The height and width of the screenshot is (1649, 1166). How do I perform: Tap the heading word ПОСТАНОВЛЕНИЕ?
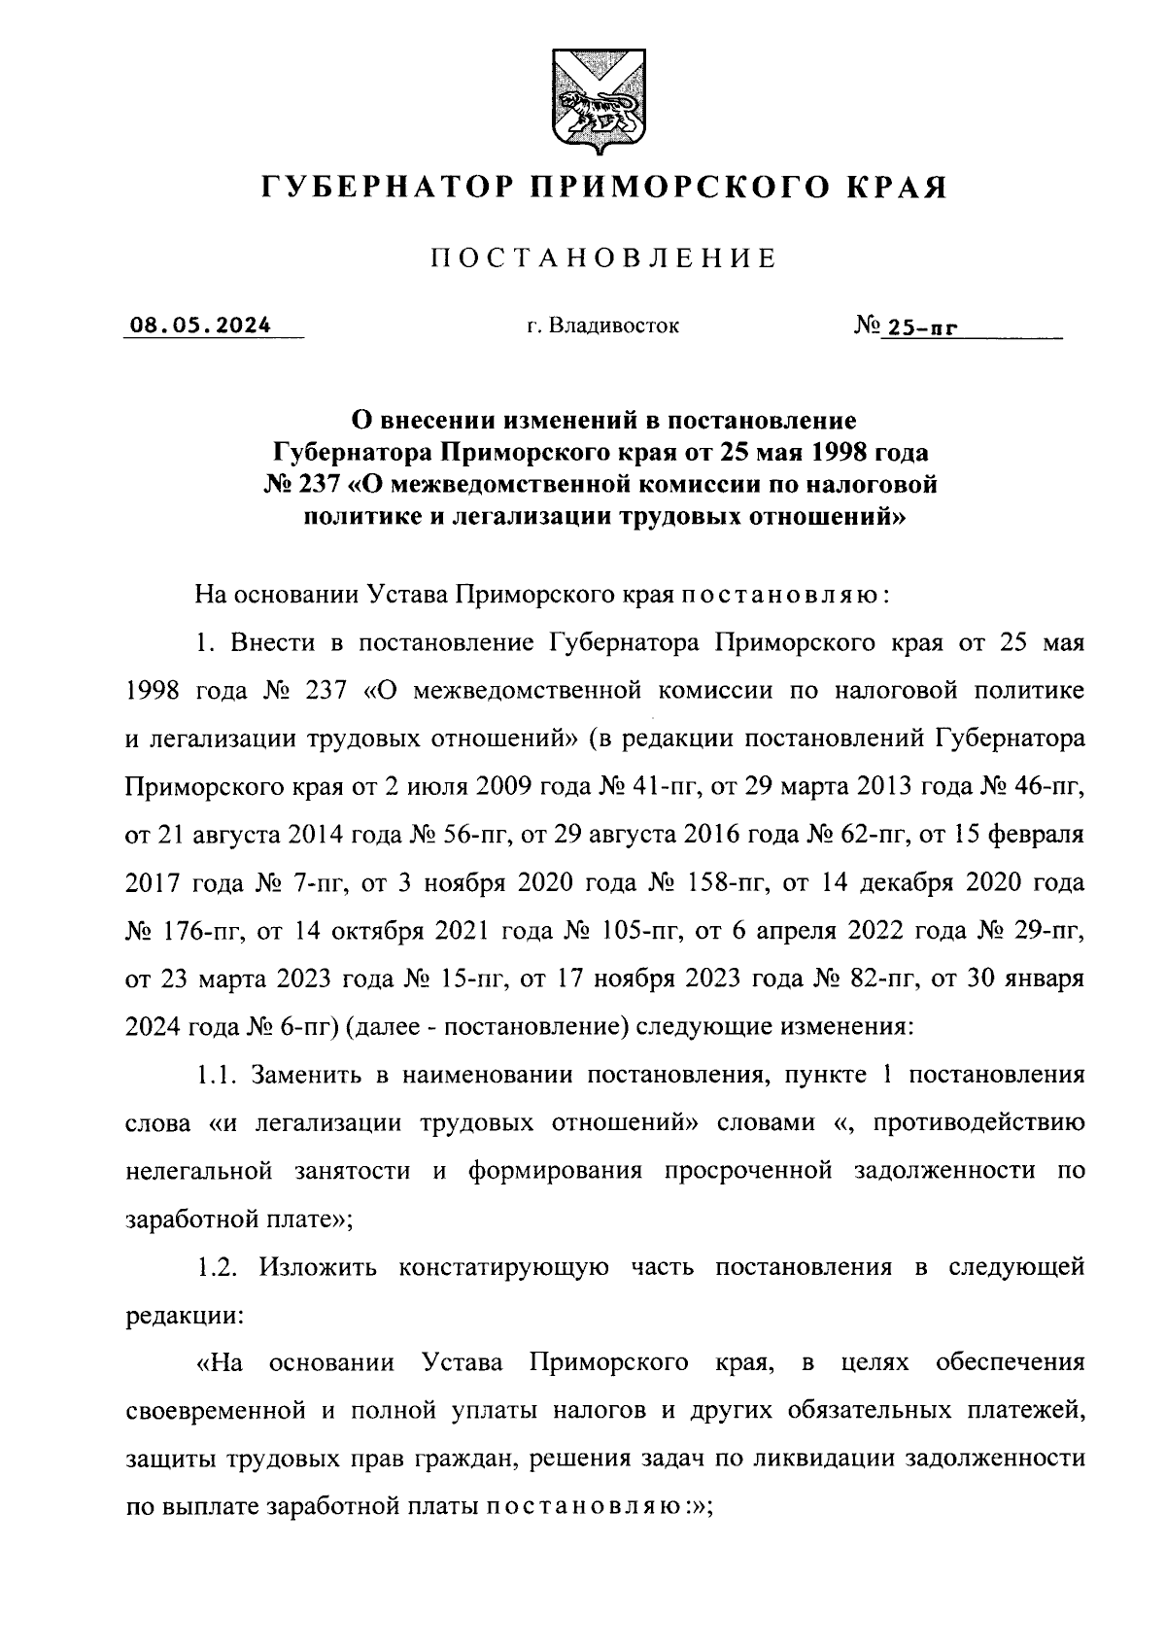(x=603, y=258)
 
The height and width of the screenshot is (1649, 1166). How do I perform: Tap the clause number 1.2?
(x=218, y=1268)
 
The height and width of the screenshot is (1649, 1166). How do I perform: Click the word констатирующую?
(x=503, y=1268)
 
